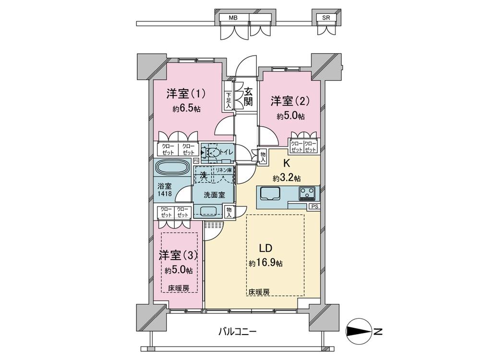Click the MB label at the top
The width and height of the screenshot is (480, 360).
233,18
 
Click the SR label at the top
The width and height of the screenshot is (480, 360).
326,18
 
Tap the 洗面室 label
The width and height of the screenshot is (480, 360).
213,196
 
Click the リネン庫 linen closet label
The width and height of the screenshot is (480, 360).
223,170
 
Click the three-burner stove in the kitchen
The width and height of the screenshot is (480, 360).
307,193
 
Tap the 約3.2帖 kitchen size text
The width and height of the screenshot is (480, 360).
287,178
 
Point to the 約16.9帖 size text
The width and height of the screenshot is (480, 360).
265,264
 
